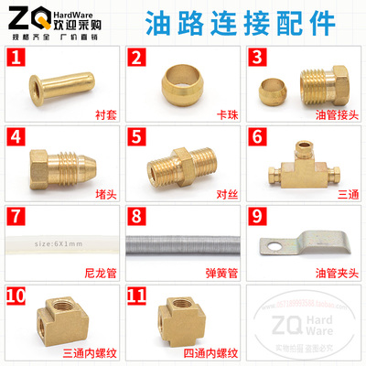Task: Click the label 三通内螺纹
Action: [88, 354]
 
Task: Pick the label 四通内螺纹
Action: [208, 354]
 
